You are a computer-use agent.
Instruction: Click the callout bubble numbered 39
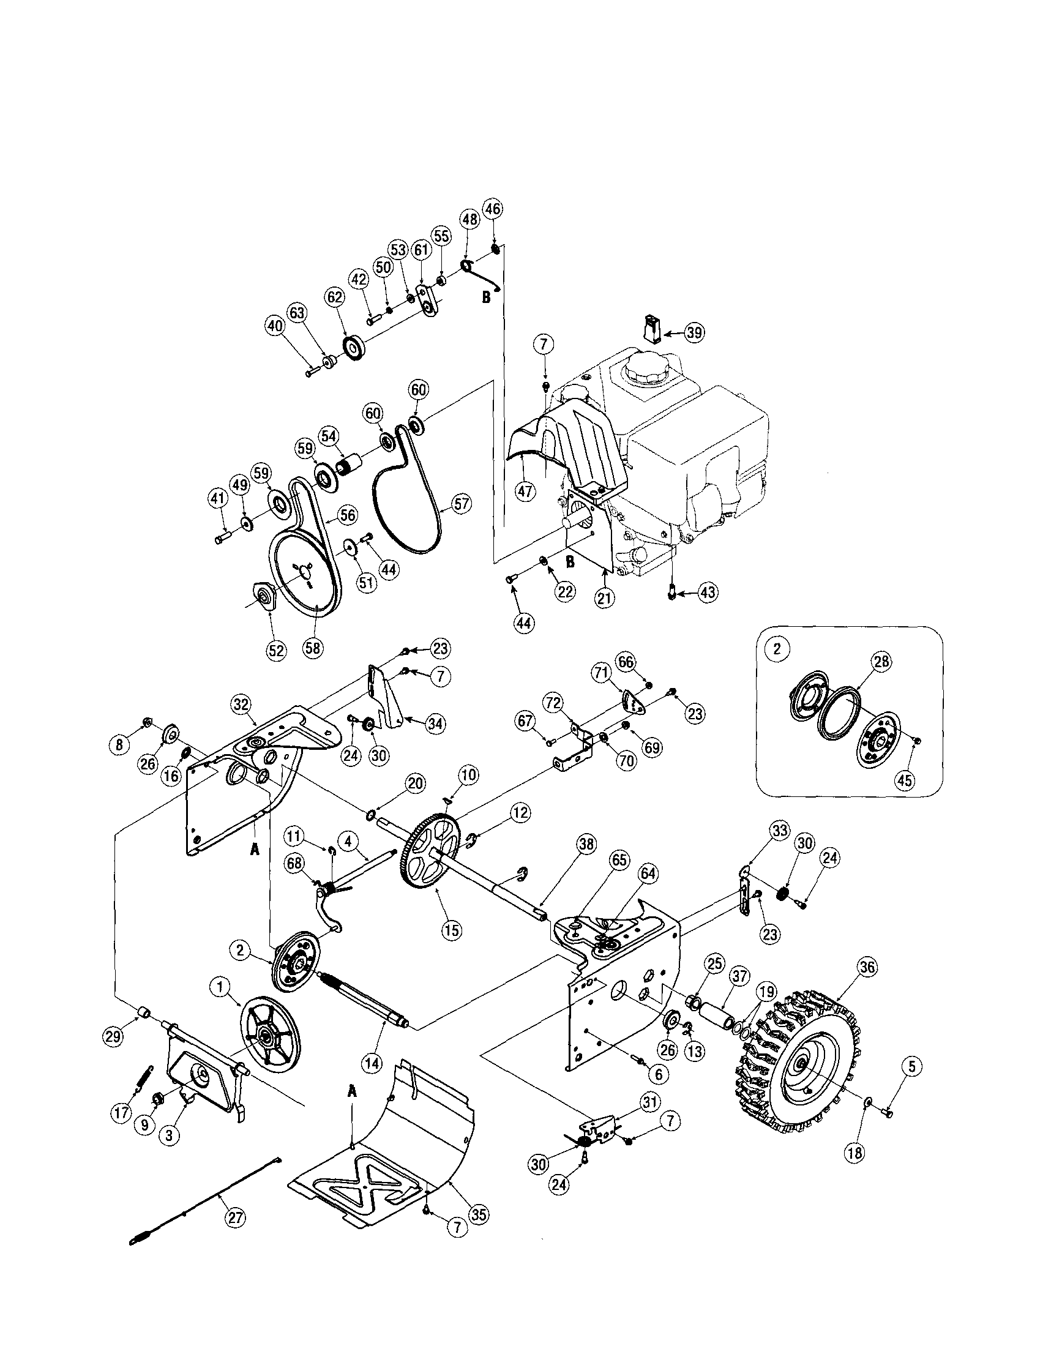(693, 333)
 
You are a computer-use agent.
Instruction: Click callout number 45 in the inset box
(905, 780)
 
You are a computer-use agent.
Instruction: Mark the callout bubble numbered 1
(219, 987)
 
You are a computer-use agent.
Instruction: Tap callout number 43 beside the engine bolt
(708, 592)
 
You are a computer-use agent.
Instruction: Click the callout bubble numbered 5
(911, 1068)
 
